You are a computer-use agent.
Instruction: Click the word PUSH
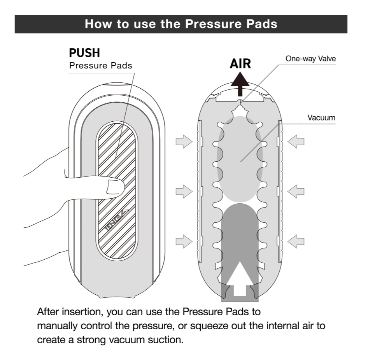(x=84, y=53)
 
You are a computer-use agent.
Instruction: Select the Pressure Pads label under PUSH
(x=100, y=65)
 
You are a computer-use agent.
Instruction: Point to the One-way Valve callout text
(x=310, y=59)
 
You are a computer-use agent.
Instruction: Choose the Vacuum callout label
(x=321, y=117)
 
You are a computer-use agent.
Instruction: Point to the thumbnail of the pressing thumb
(x=114, y=186)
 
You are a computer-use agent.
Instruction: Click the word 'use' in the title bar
(x=130, y=24)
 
